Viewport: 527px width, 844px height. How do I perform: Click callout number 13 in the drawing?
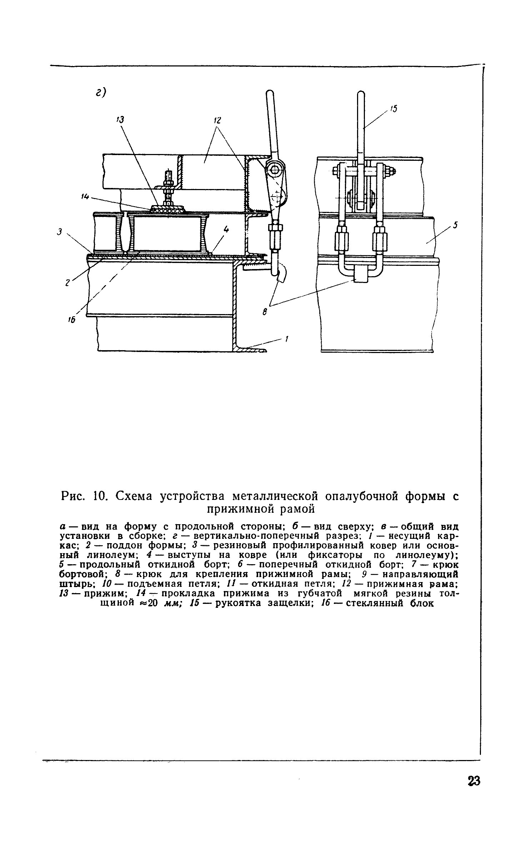click(120, 120)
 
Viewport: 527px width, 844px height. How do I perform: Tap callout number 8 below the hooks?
click(265, 312)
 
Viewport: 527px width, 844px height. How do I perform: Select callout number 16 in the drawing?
click(71, 321)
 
